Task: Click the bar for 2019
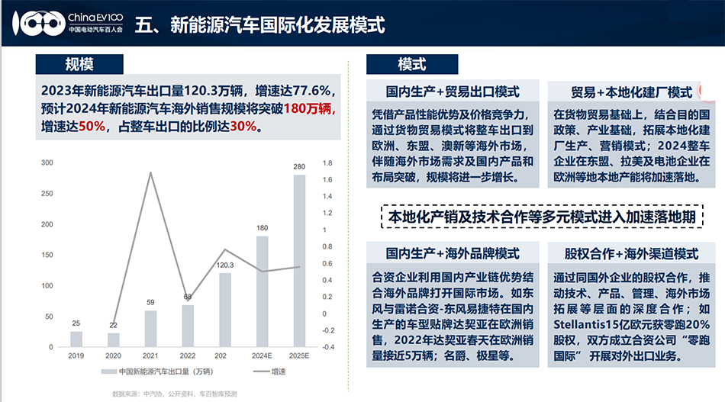tap(76, 339)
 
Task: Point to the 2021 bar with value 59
tap(150, 328)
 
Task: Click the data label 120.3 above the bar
tap(225, 265)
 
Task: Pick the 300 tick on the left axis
tap(47, 162)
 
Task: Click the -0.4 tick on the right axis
tap(328, 347)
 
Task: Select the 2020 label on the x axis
tap(114, 355)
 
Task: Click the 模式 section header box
tap(412, 64)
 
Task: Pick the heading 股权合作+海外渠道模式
tap(631, 252)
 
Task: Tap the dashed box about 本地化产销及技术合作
tap(541, 217)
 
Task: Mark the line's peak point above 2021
tap(150, 172)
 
